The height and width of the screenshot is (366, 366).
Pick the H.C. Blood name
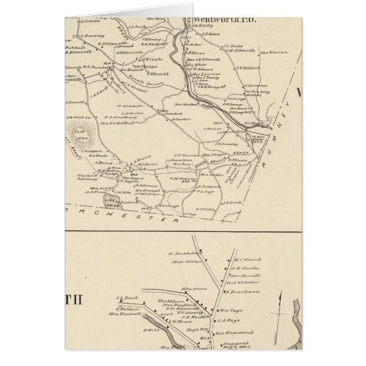pos(246,259)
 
